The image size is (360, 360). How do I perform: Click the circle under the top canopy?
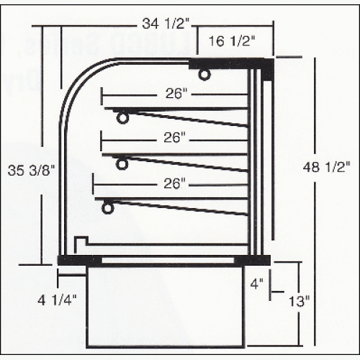tap(205, 73)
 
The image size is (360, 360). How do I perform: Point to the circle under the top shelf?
tap(123, 117)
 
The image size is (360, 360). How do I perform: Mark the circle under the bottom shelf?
tap(108, 207)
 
